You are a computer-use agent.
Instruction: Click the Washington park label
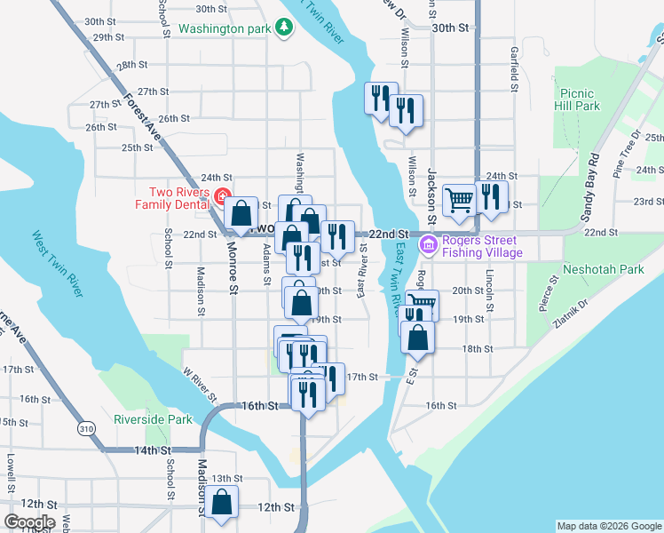(224, 28)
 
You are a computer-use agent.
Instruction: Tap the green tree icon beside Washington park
(284, 28)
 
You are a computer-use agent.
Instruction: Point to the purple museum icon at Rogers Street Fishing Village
(429, 245)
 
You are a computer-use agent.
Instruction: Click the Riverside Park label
(153, 419)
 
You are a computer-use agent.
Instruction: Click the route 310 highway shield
(86, 428)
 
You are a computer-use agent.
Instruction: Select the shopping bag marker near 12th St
(223, 502)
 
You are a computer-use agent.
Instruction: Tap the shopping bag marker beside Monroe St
(241, 213)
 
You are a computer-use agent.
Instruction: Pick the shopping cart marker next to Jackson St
(459, 200)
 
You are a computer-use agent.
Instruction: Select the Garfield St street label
(514, 69)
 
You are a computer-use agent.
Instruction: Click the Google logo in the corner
(29, 522)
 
